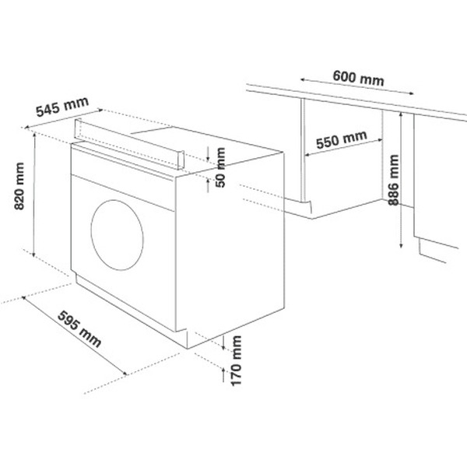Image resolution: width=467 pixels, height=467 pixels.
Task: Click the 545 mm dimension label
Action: pos(62,107)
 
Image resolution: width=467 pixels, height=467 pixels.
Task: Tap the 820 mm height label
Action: pos(19,186)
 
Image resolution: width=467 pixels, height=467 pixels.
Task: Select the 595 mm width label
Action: pos(79,328)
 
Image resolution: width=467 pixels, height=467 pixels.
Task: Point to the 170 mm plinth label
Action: pos(236,360)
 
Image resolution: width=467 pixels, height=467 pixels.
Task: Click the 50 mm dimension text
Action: pos(220,167)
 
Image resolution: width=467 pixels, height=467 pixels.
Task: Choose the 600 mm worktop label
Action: pos(358,78)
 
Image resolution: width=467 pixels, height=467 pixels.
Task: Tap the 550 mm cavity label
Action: pos(342,139)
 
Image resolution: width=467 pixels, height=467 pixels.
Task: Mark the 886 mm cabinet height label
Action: pos(394,181)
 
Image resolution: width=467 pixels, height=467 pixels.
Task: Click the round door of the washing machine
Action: pos(118,235)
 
